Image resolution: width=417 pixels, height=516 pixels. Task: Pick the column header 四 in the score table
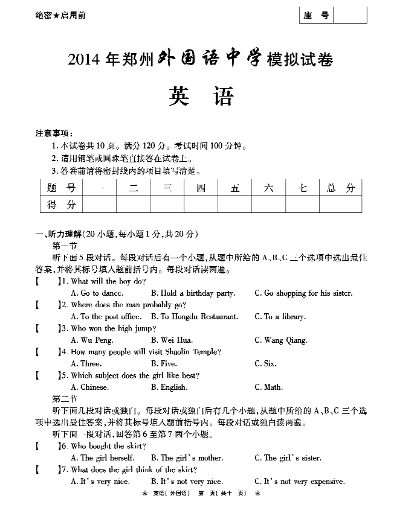[x=201, y=188]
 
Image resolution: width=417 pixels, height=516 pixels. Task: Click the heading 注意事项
[x=54, y=133]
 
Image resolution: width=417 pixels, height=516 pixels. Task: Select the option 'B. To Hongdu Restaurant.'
[x=195, y=317]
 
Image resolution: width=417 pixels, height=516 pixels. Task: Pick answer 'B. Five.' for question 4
[x=164, y=364]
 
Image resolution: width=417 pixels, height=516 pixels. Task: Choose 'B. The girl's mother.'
[x=187, y=458]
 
